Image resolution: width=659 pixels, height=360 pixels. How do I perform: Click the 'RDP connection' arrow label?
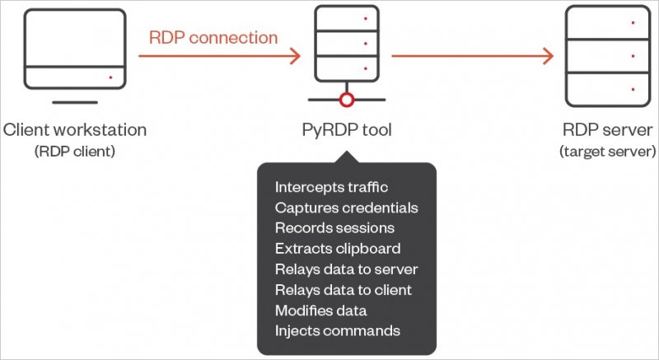pyautogui.click(x=213, y=37)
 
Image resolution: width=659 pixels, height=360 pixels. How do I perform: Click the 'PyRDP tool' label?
pyautogui.click(x=347, y=130)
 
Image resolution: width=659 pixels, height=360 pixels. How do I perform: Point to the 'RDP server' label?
pyautogui.click(x=607, y=130)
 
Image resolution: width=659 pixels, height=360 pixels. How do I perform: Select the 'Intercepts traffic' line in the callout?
pyautogui.click(x=331, y=187)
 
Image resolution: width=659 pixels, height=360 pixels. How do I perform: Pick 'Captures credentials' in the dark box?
pyautogui.click(x=347, y=208)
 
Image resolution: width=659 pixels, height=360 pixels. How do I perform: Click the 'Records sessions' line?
pyautogui.click(x=334, y=228)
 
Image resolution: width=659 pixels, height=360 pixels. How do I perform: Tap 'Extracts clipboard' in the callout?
pyautogui.click(x=338, y=249)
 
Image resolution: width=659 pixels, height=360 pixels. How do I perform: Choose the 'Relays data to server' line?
pyautogui.click(x=347, y=269)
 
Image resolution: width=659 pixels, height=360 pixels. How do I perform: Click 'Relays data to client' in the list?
pyautogui.click(x=344, y=290)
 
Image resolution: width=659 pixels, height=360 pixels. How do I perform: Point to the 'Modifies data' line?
pyautogui.click(x=321, y=311)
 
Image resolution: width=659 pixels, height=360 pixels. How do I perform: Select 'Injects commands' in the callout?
pyautogui.click(x=338, y=331)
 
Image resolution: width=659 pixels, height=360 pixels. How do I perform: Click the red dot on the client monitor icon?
pyautogui.click(x=110, y=77)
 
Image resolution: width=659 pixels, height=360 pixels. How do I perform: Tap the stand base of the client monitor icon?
pyautogui.click(x=75, y=102)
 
